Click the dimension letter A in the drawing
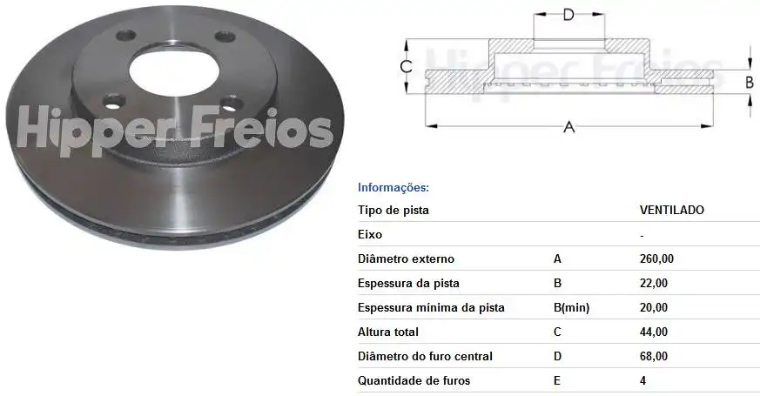(x=569, y=127)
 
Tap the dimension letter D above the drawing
(x=568, y=14)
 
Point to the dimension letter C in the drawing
(x=405, y=66)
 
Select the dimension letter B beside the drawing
(x=749, y=82)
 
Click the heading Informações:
(x=393, y=187)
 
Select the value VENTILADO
(x=671, y=210)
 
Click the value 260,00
(x=656, y=258)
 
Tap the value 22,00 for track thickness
(x=653, y=283)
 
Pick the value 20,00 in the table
(x=653, y=307)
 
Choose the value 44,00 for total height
(x=653, y=332)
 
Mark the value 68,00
(x=653, y=356)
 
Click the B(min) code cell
(x=572, y=307)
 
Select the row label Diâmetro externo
(x=406, y=258)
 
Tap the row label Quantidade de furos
(x=414, y=380)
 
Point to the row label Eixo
(x=370, y=234)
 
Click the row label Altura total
(x=388, y=332)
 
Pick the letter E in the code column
(x=557, y=380)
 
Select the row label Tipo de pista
(x=393, y=210)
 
